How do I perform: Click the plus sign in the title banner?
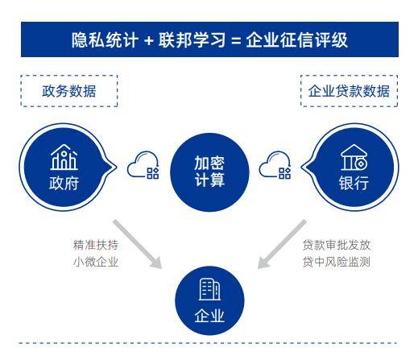click(x=148, y=41)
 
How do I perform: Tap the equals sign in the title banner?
click(x=235, y=41)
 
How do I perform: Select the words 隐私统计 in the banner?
click(x=105, y=40)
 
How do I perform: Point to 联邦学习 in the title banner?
click(x=192, y=40)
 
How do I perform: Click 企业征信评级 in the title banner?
click(x=296, y=40)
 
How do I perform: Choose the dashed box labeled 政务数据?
click(x=69, y=91)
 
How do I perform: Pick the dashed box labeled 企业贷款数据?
click(x=349, y=91)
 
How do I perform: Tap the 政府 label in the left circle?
click(x=64, y=184)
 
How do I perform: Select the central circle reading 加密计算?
click(x=209, y=172)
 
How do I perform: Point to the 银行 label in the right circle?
click(x=354, y=184)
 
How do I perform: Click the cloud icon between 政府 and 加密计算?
click(x=143, y=165)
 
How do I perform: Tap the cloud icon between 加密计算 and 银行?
click(x=275, y=165)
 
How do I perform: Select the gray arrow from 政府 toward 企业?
click(x=138, y=244)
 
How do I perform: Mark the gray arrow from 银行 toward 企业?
click(x=282, y=244)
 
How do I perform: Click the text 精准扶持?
click(x=96, y=245)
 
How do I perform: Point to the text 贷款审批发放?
click(x=337, y=245)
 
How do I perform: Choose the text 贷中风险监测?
click(x=337, y=262)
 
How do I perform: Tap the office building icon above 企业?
click(x=209, y=289)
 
